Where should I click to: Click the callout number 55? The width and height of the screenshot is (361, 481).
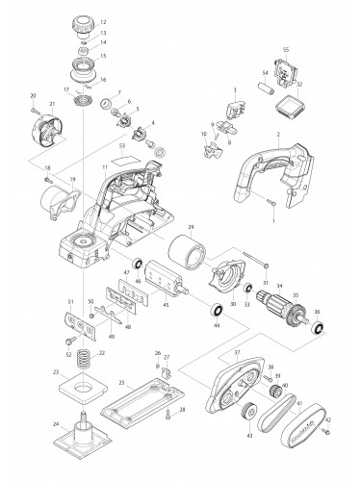[x=286, y=48]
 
